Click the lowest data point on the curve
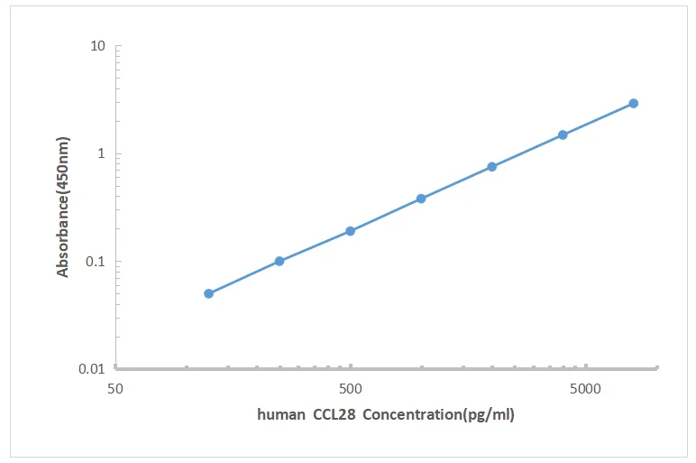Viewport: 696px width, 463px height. tap(208, 293)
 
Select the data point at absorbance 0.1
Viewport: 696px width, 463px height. tap(279, 261)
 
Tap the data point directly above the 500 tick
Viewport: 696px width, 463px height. tap(350, 231)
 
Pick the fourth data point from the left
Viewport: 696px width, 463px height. tap(421, 199)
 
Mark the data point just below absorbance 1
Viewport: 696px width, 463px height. tap(492, 166)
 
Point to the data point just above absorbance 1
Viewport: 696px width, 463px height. tap(563, 134)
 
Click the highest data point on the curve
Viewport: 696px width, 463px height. tap(634, 103)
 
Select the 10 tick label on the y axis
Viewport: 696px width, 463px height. tap(98, 46)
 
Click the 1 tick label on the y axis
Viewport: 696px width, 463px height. tap(102, 153)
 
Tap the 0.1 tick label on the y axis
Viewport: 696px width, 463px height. tap(96, 262)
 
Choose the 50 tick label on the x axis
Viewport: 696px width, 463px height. tap(114, 390)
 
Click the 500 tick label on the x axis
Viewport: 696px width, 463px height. tap(350, 390)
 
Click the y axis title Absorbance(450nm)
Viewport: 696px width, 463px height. tap(63, 207)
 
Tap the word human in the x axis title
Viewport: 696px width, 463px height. tap(280, 415)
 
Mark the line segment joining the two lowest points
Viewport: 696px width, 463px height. tap(243, 277)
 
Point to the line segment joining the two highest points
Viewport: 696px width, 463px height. tap(599, 119)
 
